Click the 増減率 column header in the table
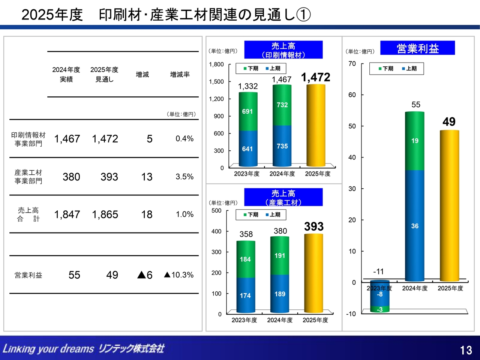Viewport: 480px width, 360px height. (x=180, y=75)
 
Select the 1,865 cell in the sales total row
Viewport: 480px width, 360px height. (x=105, y=214)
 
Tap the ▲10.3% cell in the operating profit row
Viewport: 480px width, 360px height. (x=178, y=275)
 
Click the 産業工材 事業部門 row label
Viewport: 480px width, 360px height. (x=28, y=177)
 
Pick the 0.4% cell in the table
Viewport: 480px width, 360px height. (x=184, y=139)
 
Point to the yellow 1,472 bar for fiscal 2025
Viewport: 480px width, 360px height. (x=316, y=125)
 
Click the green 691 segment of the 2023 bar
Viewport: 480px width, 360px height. (x=248, y=111)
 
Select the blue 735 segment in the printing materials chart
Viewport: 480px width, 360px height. (x=282, y=146)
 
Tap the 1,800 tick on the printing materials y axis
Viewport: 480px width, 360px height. (x=216, y=64)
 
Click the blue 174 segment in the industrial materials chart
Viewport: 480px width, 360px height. (x=246, y=295)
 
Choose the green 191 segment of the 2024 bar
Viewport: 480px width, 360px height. (x=280, y=255)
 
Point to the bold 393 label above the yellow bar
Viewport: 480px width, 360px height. (x=314, y=226)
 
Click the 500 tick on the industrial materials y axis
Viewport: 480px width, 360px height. (x=216, y=210)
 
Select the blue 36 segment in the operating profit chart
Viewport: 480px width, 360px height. (x=415, y=226)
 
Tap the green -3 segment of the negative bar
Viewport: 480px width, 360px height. (x=379, y=309)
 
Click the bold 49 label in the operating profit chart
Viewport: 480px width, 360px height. (x=449, y=121)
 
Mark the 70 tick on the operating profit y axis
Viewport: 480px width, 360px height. (x=352, y=64)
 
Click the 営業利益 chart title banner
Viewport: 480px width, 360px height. (x=417, y=48)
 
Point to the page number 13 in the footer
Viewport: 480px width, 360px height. (x=466, y=350)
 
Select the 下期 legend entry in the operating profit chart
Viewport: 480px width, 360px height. (x=386, y=69)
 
